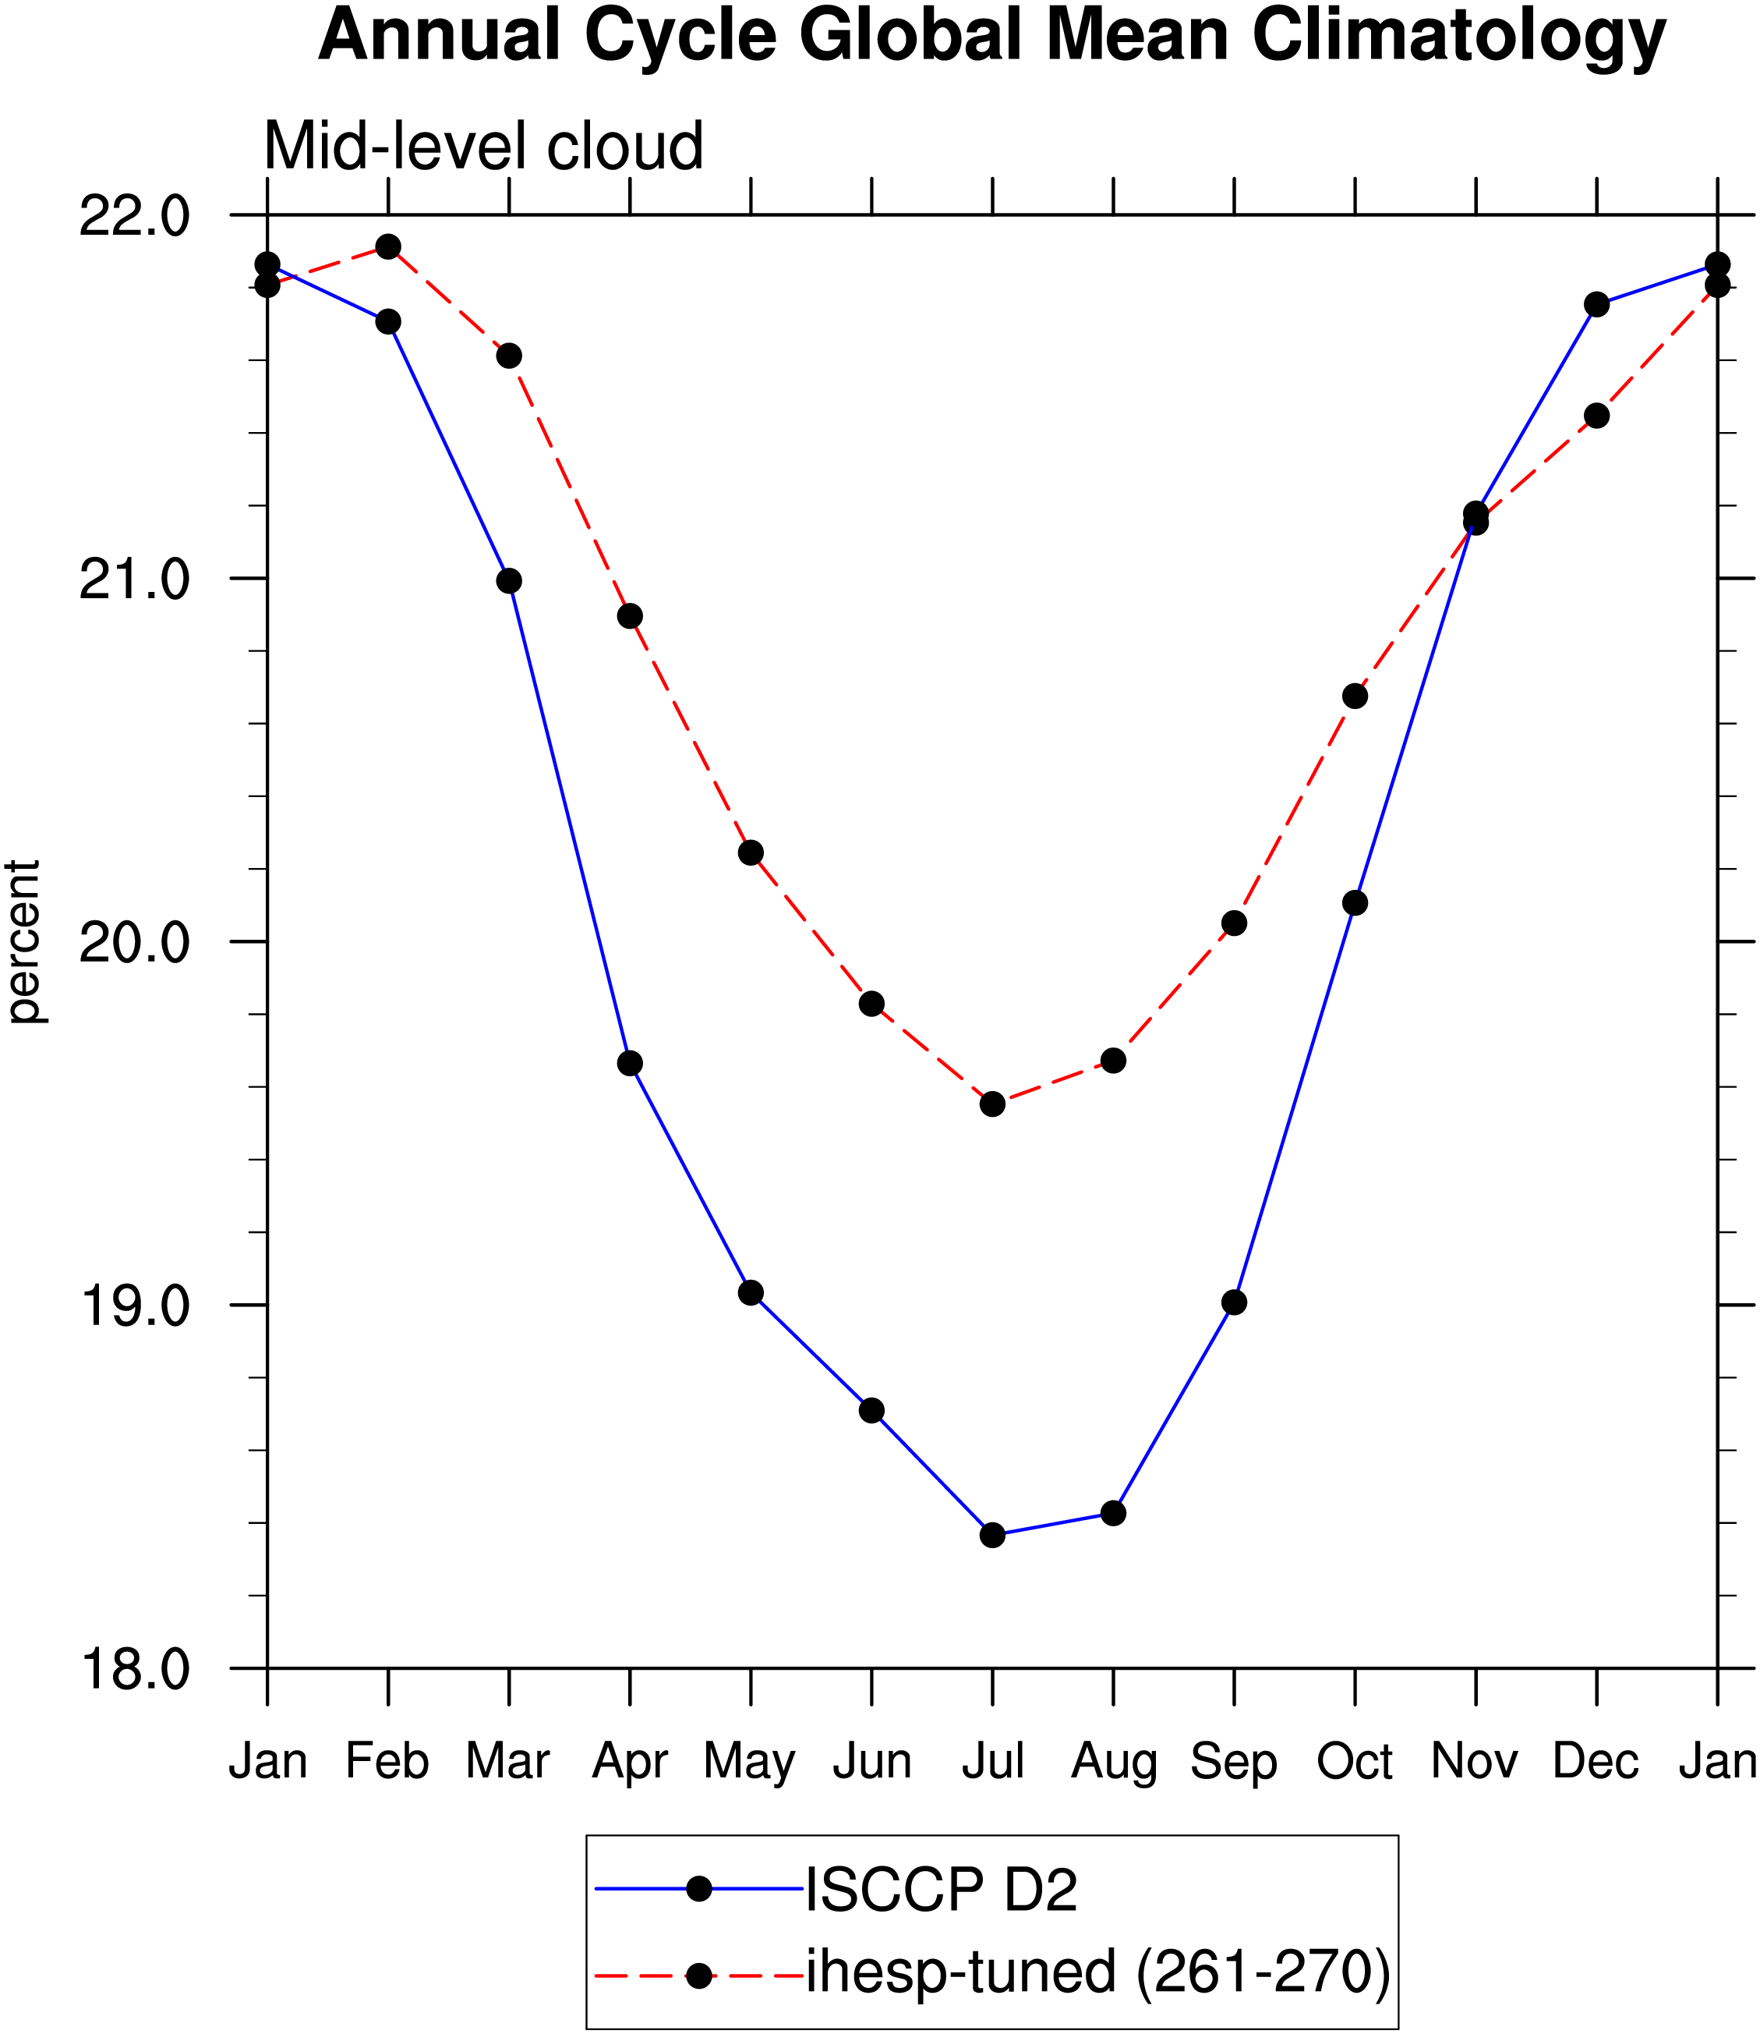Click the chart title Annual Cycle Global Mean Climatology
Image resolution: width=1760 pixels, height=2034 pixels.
(992, 37)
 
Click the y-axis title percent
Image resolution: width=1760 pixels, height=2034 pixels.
(23, 942)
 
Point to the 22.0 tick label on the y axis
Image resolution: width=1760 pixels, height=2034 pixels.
(135, 215)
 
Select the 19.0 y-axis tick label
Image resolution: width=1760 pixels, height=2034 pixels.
(135, 1306)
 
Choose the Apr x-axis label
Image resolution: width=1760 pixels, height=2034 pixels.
(630, 1763)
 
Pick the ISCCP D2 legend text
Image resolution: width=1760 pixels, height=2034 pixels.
(941, 1889)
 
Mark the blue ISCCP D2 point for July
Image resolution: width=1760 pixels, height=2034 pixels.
(993, 1535)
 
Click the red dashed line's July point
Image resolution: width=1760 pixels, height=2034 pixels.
(993, 1104)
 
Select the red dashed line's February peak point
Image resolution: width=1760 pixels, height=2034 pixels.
(388, 246)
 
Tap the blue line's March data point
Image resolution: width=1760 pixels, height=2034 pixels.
(509, 581)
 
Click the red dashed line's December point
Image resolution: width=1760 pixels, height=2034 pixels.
(1597, 416)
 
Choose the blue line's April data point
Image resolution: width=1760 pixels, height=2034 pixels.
(630, 1063)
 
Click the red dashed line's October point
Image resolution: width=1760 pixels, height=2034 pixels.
(1355, 696)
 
